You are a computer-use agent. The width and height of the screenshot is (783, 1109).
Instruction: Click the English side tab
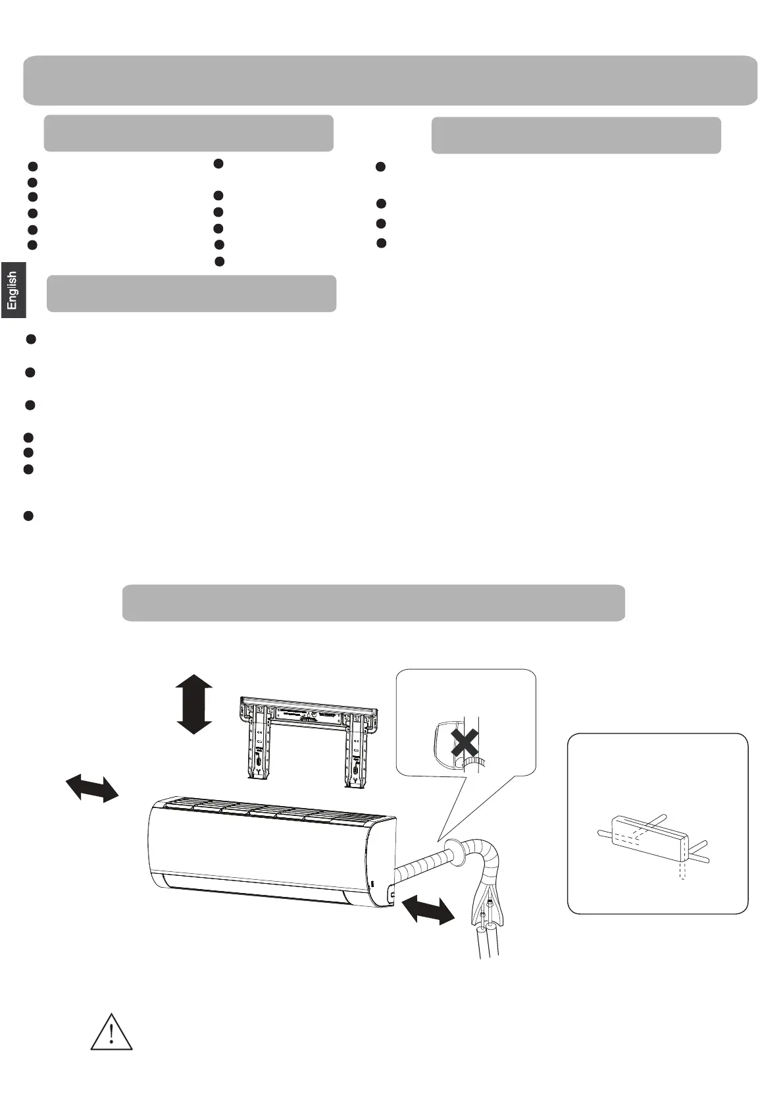tap(13, 290)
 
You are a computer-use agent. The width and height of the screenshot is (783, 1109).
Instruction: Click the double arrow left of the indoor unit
tap(92, 788)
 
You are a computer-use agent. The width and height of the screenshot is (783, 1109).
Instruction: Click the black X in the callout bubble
tap(465, 744)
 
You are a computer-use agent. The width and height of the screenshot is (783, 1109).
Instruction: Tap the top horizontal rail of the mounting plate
tap(308, 711)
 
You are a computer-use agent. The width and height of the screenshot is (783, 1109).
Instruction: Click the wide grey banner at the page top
tap(390, 80)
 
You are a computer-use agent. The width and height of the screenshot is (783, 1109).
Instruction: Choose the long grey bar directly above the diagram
tap(373, 602)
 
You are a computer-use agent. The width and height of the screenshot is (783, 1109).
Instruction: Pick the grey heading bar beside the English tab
tap(191, 293)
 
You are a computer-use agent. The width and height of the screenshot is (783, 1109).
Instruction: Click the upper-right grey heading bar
tap(576, 135)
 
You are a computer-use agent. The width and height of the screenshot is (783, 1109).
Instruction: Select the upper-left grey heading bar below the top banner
tap(188, 133)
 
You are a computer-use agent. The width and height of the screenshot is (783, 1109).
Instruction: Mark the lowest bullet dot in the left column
tap(28, 516)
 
